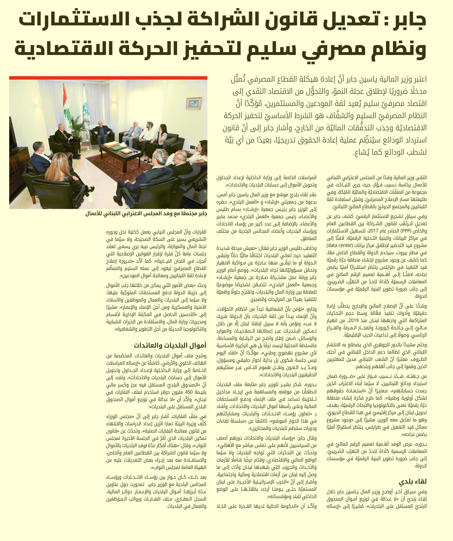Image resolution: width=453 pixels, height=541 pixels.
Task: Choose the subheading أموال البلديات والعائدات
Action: point(170,345)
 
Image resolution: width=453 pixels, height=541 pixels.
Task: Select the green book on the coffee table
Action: point(116,147)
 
